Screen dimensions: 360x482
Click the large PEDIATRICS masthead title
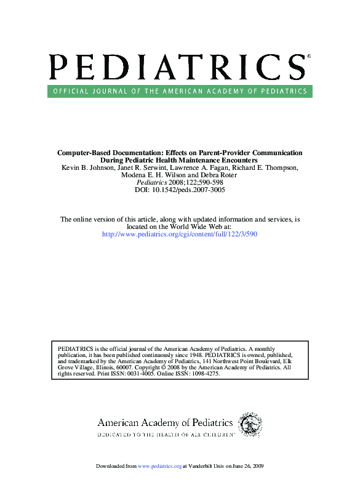176,66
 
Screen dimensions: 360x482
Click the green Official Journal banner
179,91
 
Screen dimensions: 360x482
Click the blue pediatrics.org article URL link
179,235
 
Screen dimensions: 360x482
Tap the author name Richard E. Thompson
268,168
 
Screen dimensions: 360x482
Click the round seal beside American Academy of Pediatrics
250,425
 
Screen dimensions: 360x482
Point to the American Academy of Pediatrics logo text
165,423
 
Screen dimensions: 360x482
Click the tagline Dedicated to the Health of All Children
165,435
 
